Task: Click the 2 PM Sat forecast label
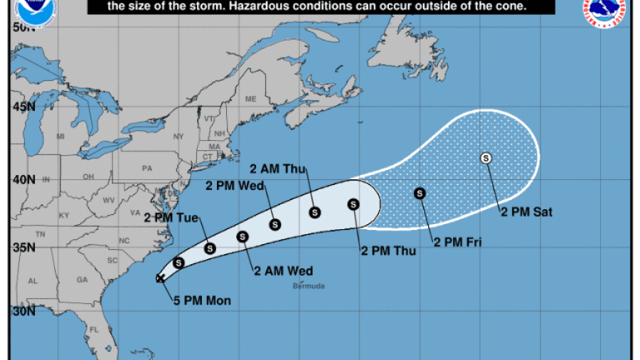(x=527, y=211)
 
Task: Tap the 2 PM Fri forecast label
(x=458, y=243)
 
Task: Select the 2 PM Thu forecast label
(x=385, y=250)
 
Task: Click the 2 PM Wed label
(x=235, y=186)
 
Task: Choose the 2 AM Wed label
(x=284, y=270)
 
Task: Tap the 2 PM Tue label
(x=171, y=218)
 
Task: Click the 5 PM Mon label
(x=202, y=301)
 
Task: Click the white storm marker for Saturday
(x=486, y=158)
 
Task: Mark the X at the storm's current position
(x=161, y=278)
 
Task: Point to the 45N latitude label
(x=23, y=106)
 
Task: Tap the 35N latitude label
(x=23, y=248)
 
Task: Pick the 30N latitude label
(x=23, y=311)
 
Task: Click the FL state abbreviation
(x=93, y=330)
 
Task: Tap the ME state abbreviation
(x=250, y=99)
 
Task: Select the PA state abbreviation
(x=148, y=169)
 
